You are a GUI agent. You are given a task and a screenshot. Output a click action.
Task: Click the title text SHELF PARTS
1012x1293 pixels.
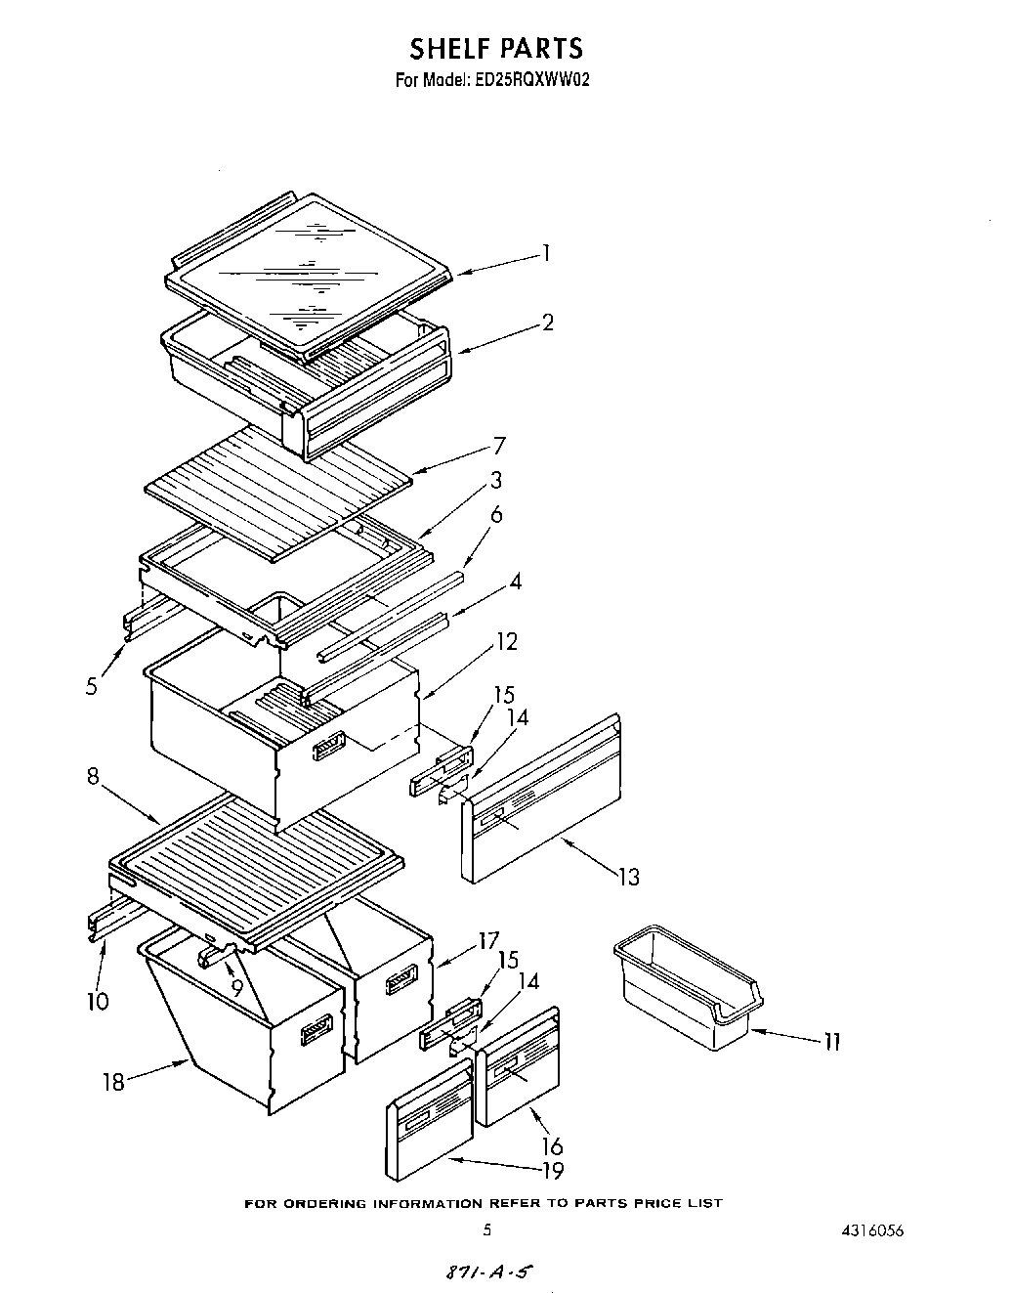click(495, 48)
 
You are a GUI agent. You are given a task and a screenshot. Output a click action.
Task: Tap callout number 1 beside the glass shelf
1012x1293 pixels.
click(547, 254)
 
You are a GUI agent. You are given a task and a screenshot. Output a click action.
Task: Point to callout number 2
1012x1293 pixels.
click(548, 322)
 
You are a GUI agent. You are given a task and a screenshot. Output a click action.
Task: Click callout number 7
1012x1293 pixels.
click(499, 446)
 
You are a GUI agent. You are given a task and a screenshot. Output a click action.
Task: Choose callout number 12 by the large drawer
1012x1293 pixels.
click(507, 642)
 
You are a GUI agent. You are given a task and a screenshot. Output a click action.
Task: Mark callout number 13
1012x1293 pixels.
click(629, 877)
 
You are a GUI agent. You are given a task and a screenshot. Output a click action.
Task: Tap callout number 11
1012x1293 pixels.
click(830, 1042)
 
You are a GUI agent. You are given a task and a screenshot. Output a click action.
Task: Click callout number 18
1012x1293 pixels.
click(114, 1082)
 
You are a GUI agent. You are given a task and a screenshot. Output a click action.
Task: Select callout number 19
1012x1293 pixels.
click(553, 1169)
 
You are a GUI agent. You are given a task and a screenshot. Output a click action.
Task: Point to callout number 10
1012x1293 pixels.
click(98, 1001)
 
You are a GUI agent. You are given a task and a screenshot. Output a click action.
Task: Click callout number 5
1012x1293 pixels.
click(91, 686)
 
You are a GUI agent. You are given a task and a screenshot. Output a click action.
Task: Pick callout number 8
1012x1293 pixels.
click(93, 778)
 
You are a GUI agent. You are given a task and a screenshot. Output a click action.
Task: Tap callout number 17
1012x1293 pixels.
click(488, 943)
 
